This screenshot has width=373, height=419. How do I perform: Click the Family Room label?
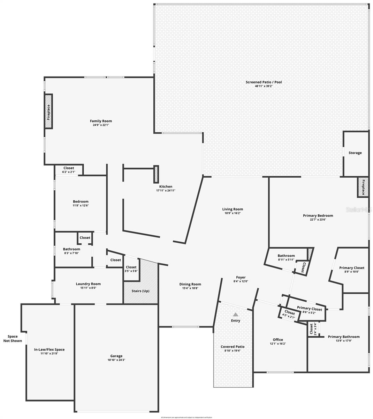point(101,121)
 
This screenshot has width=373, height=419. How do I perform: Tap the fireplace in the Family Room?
point(48,112)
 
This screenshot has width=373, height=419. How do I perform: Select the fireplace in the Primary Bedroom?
point(363,188)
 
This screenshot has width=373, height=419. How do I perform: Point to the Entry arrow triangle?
point(236,314)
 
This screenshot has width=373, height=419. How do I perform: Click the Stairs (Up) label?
point(140,291)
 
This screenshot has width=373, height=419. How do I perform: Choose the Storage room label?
point(355,153)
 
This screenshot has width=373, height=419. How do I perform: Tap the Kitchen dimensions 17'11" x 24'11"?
point(166,191)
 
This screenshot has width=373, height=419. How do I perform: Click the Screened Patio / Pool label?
point(264,82)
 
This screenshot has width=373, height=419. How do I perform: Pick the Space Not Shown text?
point(13,339)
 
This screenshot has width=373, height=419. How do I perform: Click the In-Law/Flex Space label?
point(49,350)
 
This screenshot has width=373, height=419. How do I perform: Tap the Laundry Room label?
point(88,284)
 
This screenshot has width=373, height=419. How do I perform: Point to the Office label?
point(278,340)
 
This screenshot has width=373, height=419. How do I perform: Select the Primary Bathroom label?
point(343,337)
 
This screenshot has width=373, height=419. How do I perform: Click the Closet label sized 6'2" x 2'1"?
point(68,168)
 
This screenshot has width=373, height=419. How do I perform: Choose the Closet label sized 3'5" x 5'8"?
point(131,267)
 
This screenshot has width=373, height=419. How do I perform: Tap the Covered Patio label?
point(233,347)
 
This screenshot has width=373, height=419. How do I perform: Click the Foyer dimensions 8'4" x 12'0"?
point(240,281)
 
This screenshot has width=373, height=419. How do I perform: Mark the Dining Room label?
point(190,284)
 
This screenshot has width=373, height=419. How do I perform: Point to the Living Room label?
point(233,209)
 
